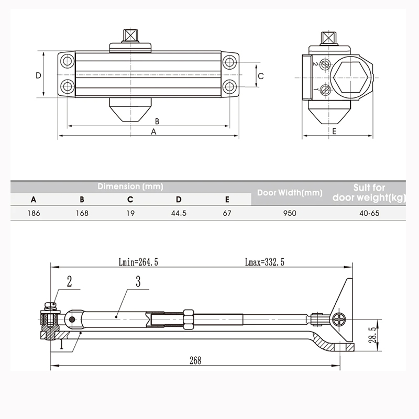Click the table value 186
tap(34, 213)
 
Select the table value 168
tap(82, 213)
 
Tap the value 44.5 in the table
tap(179, 213)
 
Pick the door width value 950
tap(290, 213)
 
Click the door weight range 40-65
tap(369, 213)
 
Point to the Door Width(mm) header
tap(290, 193)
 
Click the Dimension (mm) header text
tap(130, 186)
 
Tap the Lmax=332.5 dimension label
tap(264, 263)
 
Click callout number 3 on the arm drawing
tap(138, 282)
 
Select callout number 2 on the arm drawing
tap(69, 282)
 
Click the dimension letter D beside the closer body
tap(38, 75)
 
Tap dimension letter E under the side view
tap(334, 131)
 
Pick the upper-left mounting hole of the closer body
tap(67, 62)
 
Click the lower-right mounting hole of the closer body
tap(229, 86)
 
